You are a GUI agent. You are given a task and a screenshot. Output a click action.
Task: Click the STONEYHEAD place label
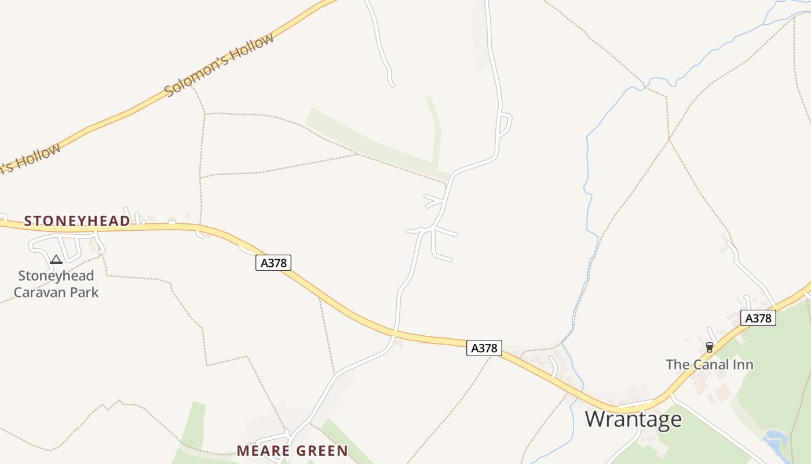tap(77, 221)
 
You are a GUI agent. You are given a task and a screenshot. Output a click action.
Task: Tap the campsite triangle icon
tap(56, 259)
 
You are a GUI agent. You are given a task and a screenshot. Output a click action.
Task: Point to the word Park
tap(85, 292)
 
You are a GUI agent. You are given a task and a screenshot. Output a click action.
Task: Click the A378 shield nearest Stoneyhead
tap(273, 263)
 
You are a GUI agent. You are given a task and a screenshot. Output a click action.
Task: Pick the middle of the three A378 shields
tap(484, 348)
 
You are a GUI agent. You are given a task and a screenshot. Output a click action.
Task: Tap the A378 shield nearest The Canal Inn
tap(758, 318)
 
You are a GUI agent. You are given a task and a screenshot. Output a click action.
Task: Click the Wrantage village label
tap(633, 419)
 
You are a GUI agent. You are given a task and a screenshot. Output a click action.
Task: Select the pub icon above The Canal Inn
tap(710, 347)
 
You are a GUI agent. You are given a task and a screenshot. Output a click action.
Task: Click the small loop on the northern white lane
tap(505, 124)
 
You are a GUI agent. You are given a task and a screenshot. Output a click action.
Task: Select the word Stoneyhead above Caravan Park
tap(56, 275)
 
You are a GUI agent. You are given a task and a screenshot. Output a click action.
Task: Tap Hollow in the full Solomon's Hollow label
tap(252, 48)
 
